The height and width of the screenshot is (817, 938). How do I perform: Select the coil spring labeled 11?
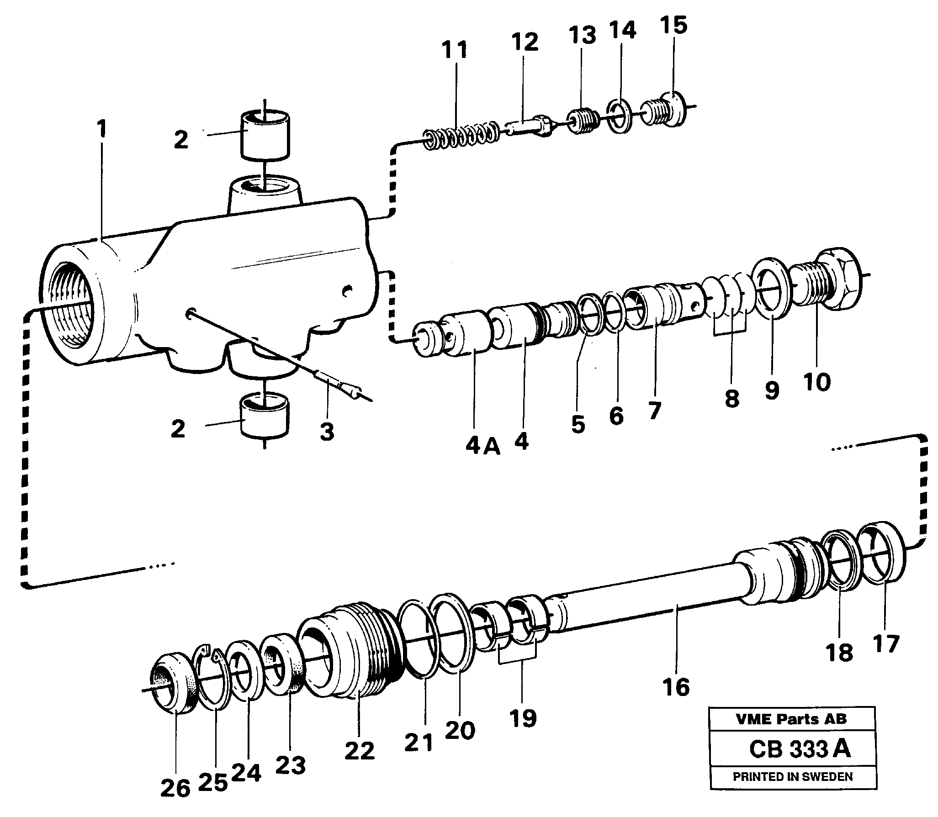click(461, 135)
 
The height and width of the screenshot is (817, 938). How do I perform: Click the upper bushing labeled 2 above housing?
click(265, 135)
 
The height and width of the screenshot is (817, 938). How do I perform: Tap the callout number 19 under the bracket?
click(523, 719)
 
